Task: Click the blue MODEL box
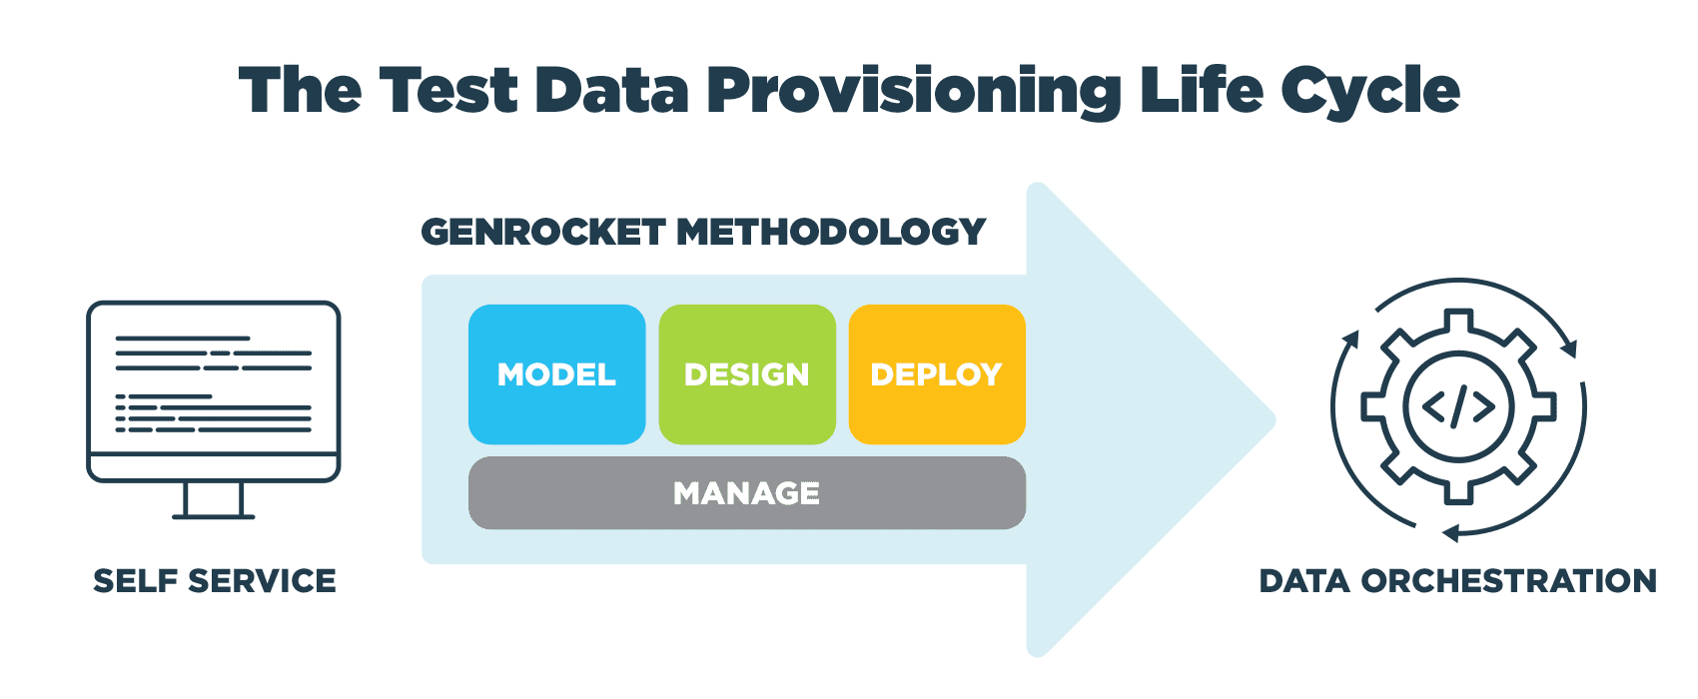click(556, 374)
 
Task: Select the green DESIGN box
click(747, 374)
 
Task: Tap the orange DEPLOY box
click(937, 374)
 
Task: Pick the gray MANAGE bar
click(747, 493)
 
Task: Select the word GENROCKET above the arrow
click(542, 232)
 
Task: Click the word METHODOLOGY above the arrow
click(831, 232)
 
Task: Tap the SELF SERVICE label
click(215, 581)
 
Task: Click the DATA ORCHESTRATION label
click(1457, 581)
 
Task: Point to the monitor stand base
click(214, 515)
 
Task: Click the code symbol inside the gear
click(1458, 406)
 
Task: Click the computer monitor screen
click(214, 379)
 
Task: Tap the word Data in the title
click(611, 90)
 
